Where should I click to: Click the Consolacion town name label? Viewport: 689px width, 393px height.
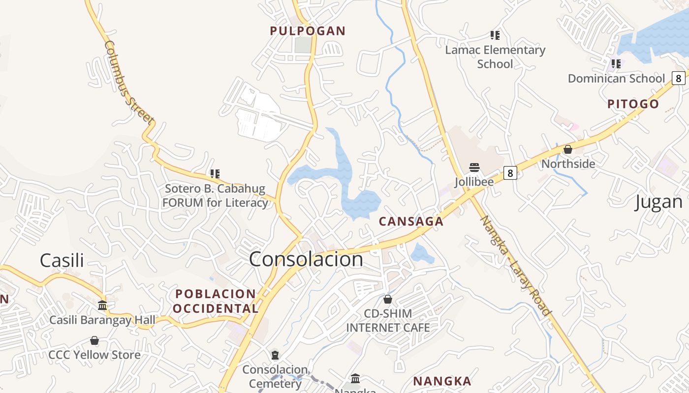(306, 259)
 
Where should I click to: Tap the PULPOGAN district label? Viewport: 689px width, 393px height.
(308, 31)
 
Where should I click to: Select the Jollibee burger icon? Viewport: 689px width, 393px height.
(474, 168)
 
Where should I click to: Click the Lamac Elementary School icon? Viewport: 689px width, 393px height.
(495, 35)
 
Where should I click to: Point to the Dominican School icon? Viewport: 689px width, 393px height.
(616, 64)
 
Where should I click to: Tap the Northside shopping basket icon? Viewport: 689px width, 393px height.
(568, 149)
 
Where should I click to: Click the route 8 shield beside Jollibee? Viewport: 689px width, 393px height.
(510, 173)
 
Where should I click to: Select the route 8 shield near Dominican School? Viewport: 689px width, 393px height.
(679, 78)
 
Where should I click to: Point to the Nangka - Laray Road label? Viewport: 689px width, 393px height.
(515, 266)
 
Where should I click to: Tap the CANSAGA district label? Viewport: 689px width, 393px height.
(411, 222)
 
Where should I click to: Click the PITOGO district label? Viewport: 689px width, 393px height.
(633, 104)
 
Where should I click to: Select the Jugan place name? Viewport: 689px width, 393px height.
(658, 202)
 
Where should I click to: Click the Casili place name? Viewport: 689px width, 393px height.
(62, 260)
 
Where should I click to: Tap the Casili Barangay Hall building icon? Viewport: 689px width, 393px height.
(102, 306)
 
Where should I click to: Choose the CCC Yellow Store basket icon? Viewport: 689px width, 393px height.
(94, 340)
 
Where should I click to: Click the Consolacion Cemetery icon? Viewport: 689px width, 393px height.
(275, 355)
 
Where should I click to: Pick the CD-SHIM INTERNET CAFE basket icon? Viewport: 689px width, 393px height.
(388, 299)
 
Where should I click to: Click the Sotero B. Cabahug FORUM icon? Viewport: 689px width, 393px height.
(215, 174)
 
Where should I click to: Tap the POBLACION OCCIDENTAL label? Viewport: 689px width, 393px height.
(217, 301)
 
